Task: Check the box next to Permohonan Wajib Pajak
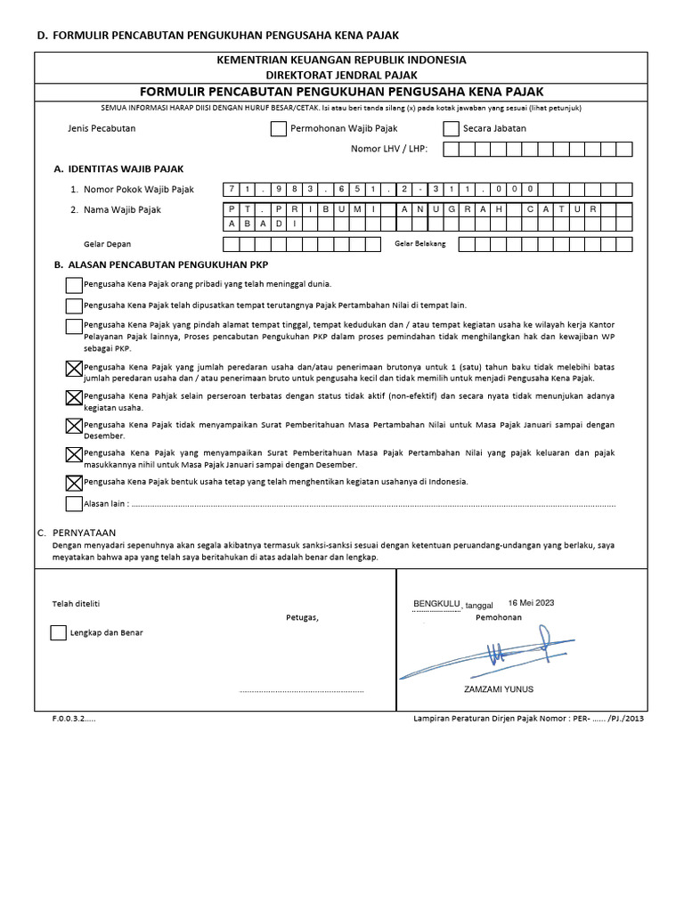tap(278, 128)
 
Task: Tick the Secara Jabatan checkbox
tap(451, 128)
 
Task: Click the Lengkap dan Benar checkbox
tap(58, 633)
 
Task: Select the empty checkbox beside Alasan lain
tap(74, 504)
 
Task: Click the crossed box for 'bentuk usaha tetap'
tap(74, 483)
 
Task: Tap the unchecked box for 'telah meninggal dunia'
tap(74, 285)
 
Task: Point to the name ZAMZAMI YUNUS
tap(499, 690)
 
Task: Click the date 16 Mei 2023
tap(531, 603)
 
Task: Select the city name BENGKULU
tap(436, 604)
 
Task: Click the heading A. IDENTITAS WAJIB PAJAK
tap(119, 168)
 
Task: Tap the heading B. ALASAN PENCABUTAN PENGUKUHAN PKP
tap(161, 265)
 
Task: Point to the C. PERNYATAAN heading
tap(78, 532)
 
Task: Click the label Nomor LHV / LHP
tap(389, 149)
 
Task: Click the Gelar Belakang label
tap(419, 243)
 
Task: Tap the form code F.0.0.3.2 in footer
tap(73, 718)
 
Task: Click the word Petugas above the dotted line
tap(302, 617)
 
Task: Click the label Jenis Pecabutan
tap(102, 128)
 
